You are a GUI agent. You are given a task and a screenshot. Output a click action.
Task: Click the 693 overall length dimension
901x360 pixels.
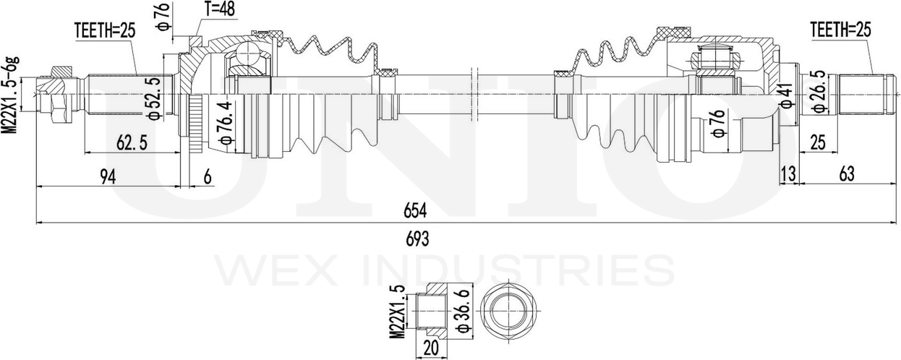[x=417, y=239]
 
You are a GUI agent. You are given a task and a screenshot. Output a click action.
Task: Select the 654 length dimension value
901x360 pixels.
[x=414, y=211]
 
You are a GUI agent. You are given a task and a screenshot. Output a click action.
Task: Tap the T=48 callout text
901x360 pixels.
[x=219, y=9]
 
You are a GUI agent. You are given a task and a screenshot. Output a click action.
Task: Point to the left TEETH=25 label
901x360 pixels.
[x=105, y=31]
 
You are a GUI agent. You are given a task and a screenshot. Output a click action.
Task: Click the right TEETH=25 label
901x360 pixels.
[x=841, y=30]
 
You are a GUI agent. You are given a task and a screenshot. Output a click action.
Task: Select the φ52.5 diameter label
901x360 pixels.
[x=154, y=98]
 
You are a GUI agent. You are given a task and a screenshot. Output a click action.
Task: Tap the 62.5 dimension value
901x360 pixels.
[x=132, y=143]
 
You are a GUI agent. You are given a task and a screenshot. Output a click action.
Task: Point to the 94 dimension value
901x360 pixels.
[x=108, y=177]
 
